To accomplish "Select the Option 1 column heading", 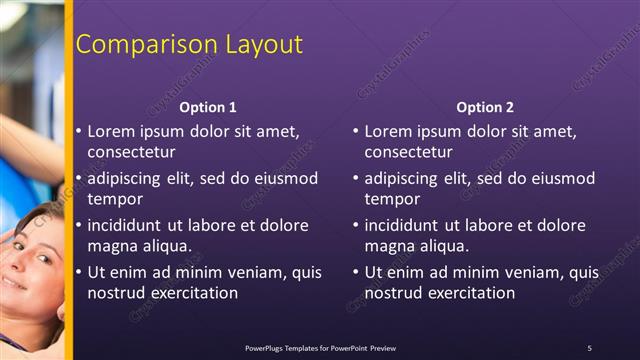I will pos(208,107).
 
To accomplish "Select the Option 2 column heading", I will pos(485,107).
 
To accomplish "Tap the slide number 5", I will pos(589,347).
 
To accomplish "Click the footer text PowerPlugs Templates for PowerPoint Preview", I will pos(320,347).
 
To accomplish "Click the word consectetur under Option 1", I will pos(132,152).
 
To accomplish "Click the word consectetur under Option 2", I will pos(408,152).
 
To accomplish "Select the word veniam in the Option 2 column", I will pos(537,272).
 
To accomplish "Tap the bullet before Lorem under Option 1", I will pos(79,131).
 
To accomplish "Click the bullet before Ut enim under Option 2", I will pos(356,272).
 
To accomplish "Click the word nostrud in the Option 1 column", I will pos(115,293).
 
